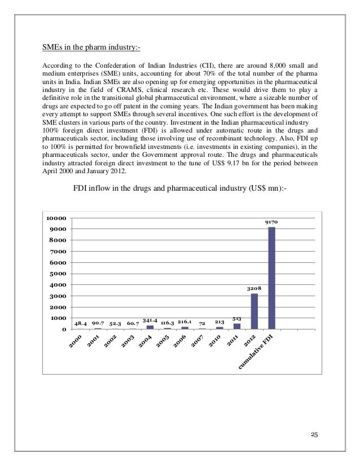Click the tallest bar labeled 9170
pos(271,278)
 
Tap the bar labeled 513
pos(237,326)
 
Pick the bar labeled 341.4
pos(150,327)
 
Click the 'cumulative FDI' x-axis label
pos(257,353)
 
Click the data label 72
pos(201,324)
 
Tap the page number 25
pos(314,433)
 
